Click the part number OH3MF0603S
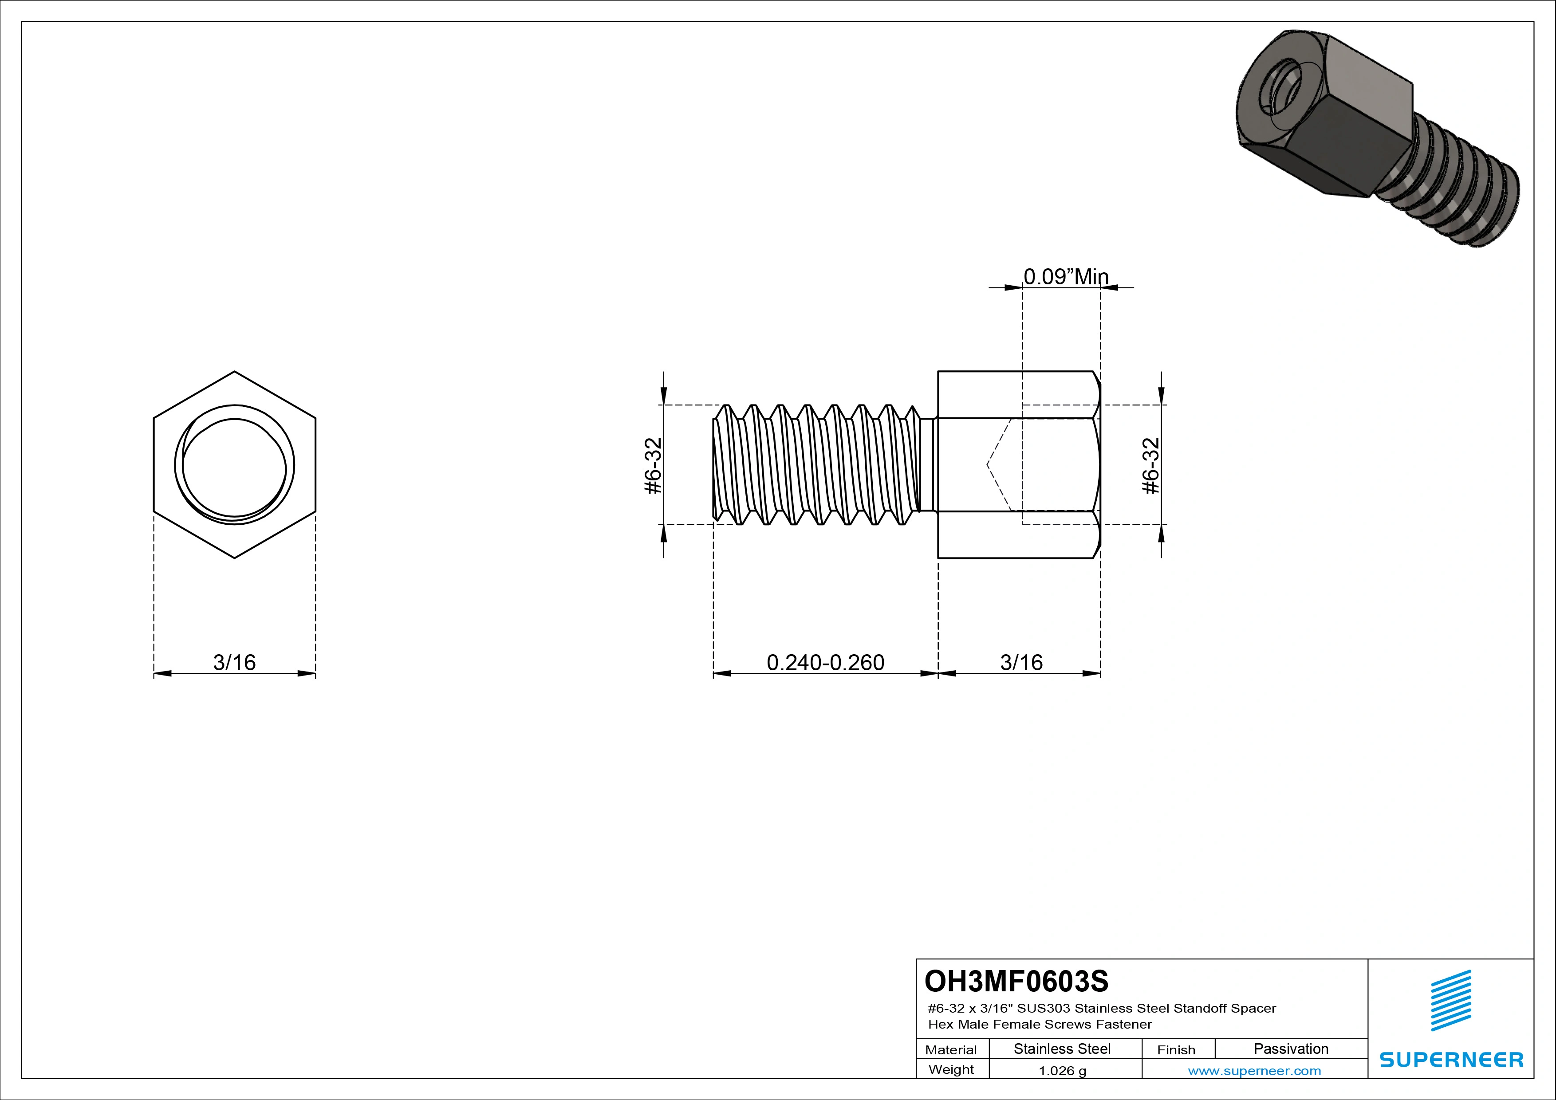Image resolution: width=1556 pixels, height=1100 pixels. pos(1016,981)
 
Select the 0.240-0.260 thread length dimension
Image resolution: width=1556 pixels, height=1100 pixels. pos(825,662)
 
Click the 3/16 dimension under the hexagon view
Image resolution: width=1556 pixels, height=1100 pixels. pos(234,662)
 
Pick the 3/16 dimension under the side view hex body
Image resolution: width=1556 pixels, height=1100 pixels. pos(1021,662)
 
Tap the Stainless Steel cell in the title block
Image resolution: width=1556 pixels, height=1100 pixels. pos(1061,1049)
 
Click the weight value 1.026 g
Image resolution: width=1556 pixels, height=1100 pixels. pos(1062,1071)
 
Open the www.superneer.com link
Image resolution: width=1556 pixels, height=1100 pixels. pos(1254,1071)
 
